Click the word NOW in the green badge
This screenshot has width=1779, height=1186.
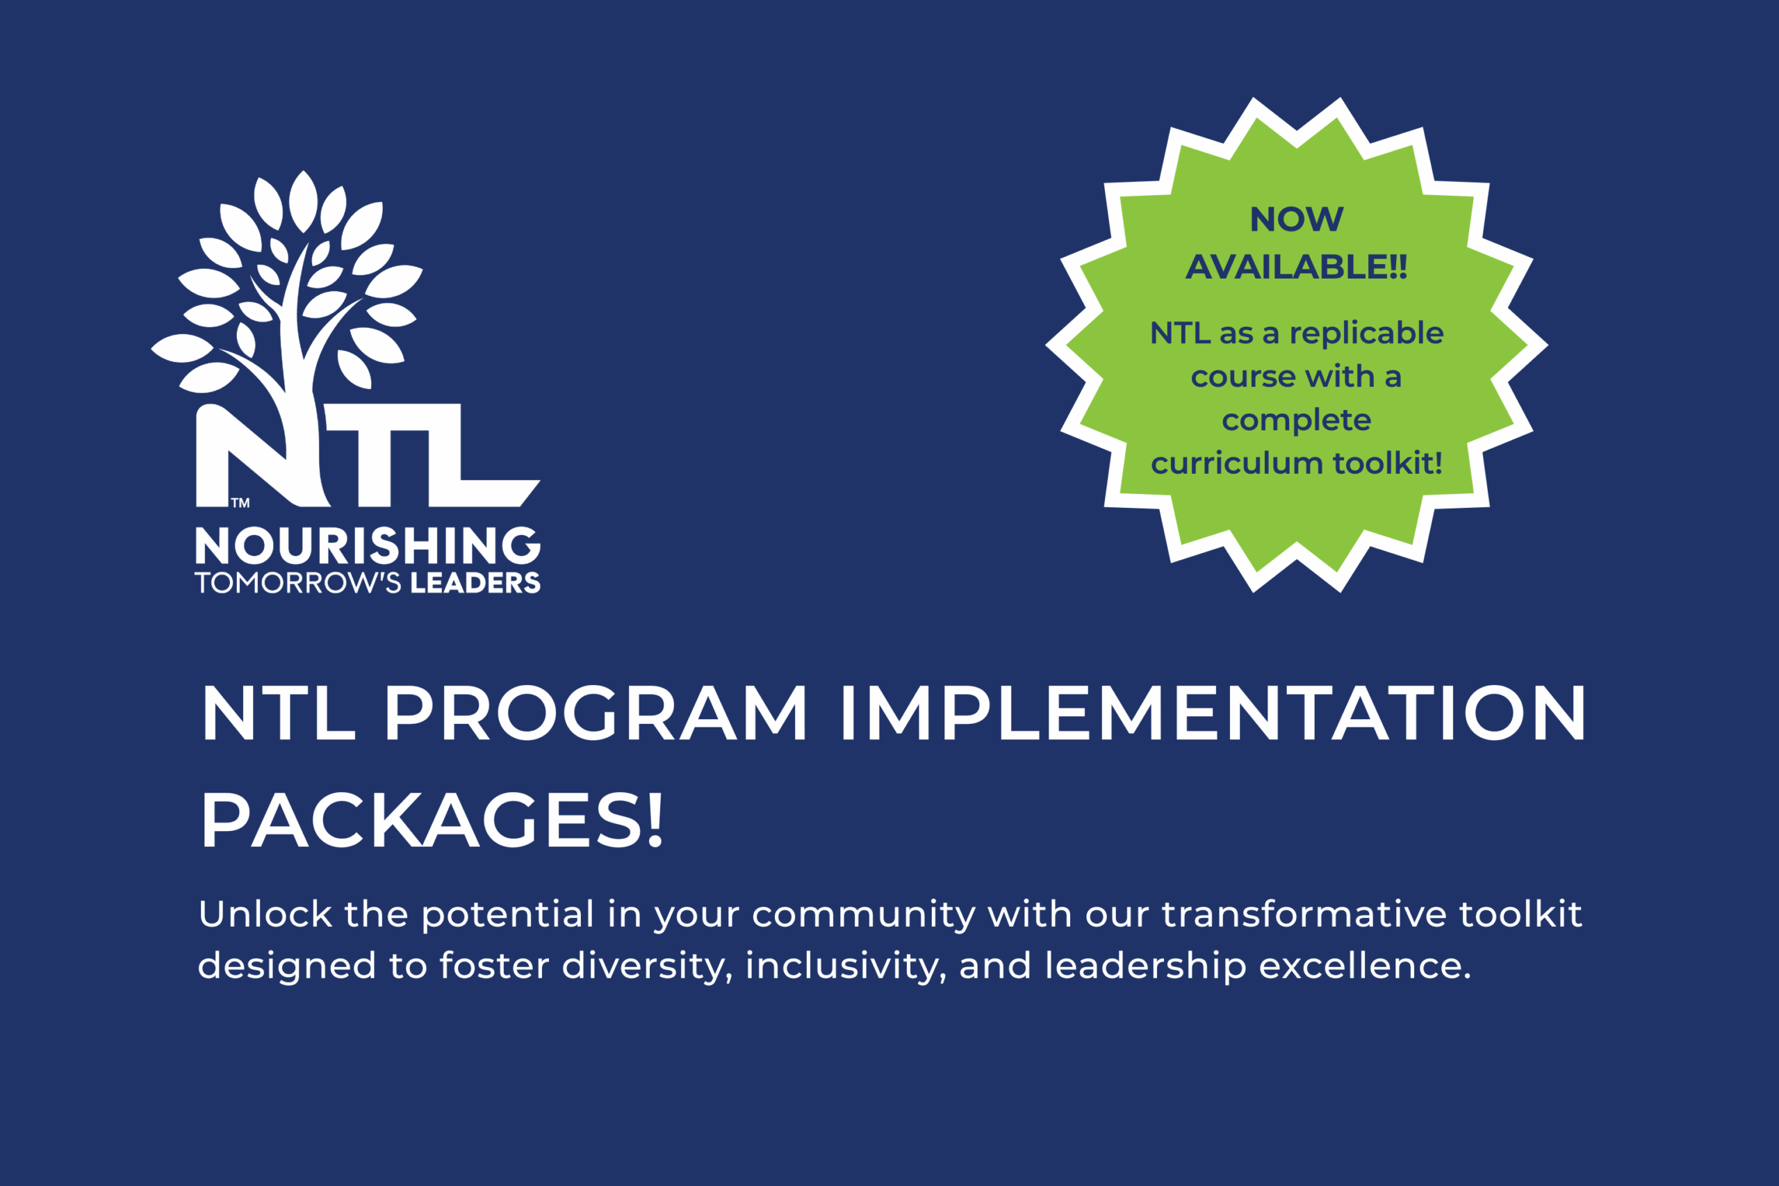click(1297, 220)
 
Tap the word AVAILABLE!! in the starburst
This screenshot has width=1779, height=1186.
click(1297, 267)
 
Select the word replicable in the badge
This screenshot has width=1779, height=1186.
click(1367, 333)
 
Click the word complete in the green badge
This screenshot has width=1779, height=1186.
click(1297, 420)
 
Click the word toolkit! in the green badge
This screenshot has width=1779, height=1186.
click(1388, 463)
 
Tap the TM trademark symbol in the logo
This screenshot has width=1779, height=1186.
click(240, 502)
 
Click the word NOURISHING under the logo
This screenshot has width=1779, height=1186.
click(368, 545)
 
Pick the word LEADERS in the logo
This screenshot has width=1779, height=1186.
click(476, 583)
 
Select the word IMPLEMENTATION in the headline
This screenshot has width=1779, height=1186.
click(1213, 714)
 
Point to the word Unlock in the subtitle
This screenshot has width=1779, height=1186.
click(265, 914)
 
